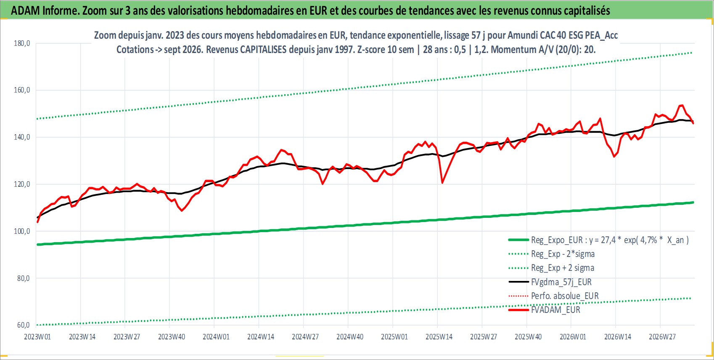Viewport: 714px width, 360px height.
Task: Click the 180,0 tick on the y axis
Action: [22, 43]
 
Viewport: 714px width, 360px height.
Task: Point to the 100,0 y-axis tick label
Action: [22, 231]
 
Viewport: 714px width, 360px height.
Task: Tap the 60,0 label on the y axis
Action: [23, 325]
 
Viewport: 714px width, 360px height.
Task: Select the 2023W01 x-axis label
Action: [37, 337]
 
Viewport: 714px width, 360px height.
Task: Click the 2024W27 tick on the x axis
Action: [305, 337]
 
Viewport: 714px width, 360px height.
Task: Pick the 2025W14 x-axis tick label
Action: [439, 337]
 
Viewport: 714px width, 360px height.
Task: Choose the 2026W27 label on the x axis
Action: [662, 337]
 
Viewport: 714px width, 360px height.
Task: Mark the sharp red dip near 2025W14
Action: [442, 183]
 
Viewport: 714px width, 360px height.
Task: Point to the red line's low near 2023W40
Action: [182, 211]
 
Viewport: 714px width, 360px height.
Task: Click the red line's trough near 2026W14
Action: [614, 156]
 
